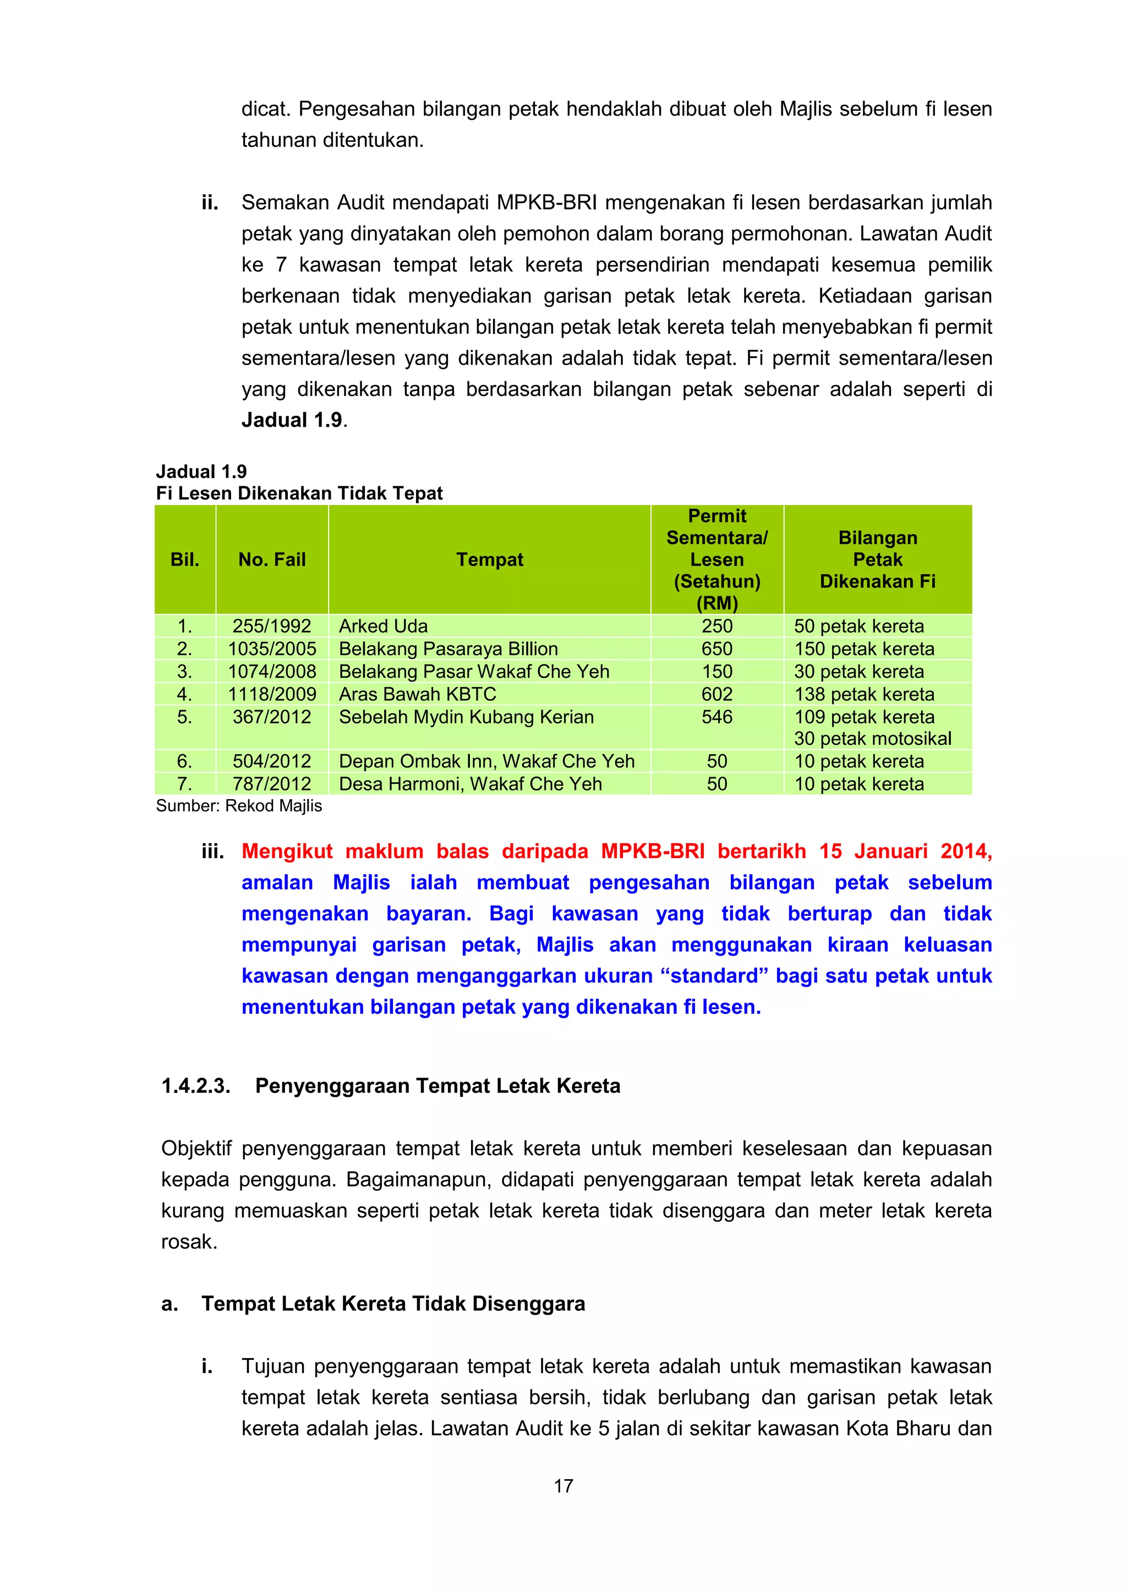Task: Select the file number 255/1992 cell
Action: pos(271,626)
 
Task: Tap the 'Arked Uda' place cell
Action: pos(383,626)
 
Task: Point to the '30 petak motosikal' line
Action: pos(872,738)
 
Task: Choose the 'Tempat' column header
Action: pos(489,559)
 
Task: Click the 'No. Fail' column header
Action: pos(271,559)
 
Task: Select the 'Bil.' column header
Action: pos(184,559)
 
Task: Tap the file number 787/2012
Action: pos(271,783)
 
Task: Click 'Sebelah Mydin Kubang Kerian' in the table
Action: pos(466,717)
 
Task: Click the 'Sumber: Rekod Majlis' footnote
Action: pos(239,805)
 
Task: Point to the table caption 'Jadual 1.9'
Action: pos(201,472)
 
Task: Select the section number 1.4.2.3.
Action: pos(196,1086)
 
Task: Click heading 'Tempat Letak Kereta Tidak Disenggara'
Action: pos(393,1304)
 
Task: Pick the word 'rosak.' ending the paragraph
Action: pos(189,1242)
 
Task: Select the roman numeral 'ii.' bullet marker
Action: pos(210,202)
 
